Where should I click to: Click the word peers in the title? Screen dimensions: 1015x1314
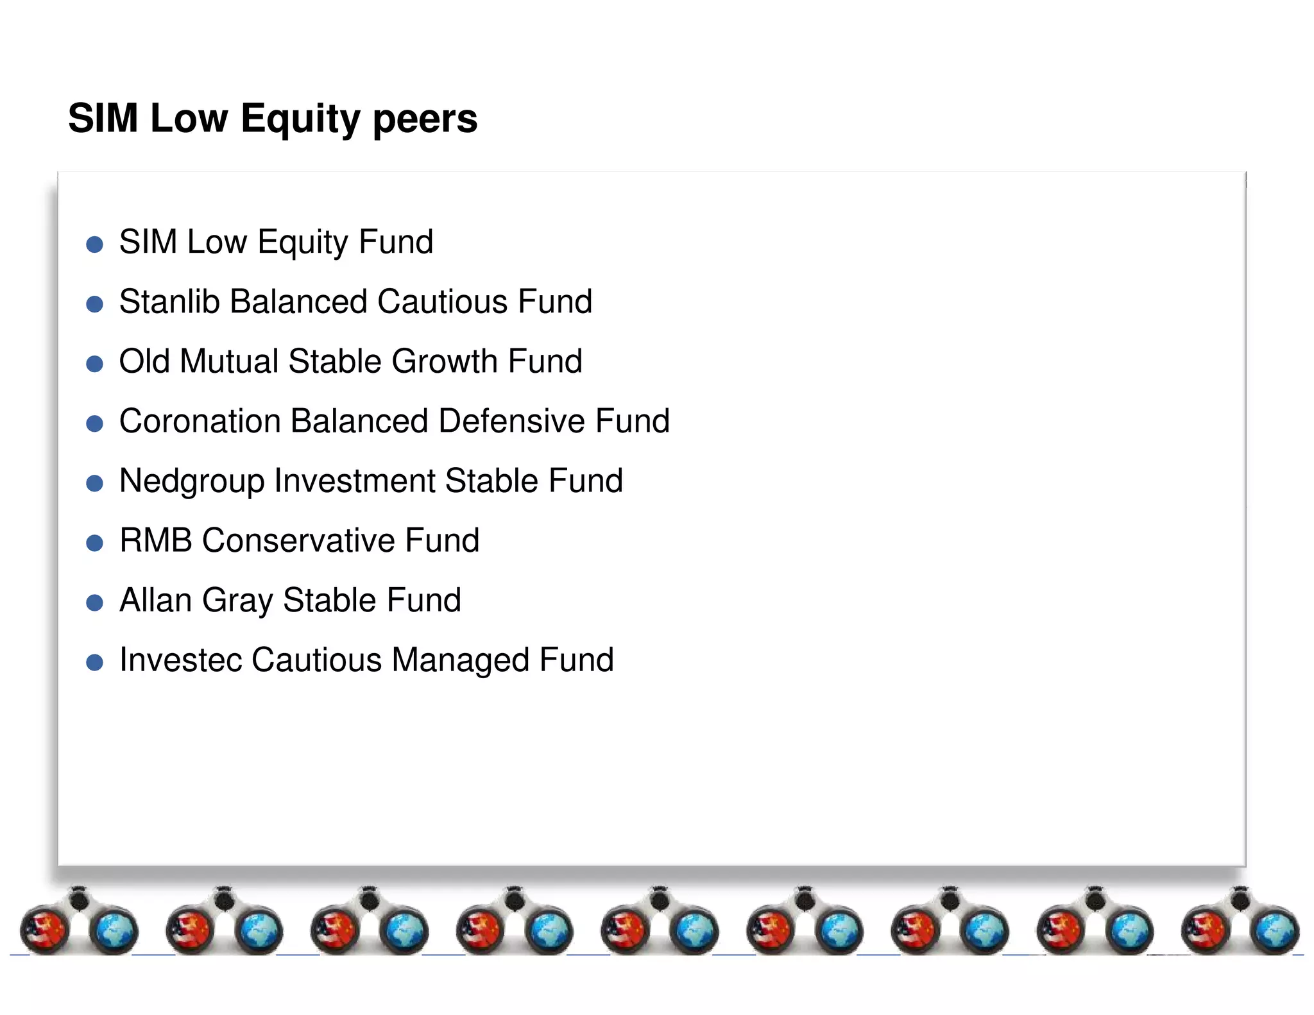click(x=425, y=119)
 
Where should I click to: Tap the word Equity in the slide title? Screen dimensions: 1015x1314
click(x=300, y=119)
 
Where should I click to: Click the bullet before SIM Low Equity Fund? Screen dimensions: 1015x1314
click(x=94, y=244)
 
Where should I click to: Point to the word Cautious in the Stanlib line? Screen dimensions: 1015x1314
click(x=443, y=302)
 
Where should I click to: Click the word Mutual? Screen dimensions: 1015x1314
click(x=229, y=361)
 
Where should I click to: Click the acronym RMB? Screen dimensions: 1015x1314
click(x=156, y=540)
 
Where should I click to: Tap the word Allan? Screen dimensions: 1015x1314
click(x=156, y=600)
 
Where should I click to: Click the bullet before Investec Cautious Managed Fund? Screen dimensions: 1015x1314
click(x=94, y=663)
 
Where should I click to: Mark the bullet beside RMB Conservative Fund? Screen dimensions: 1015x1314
click(x=94, y=543)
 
